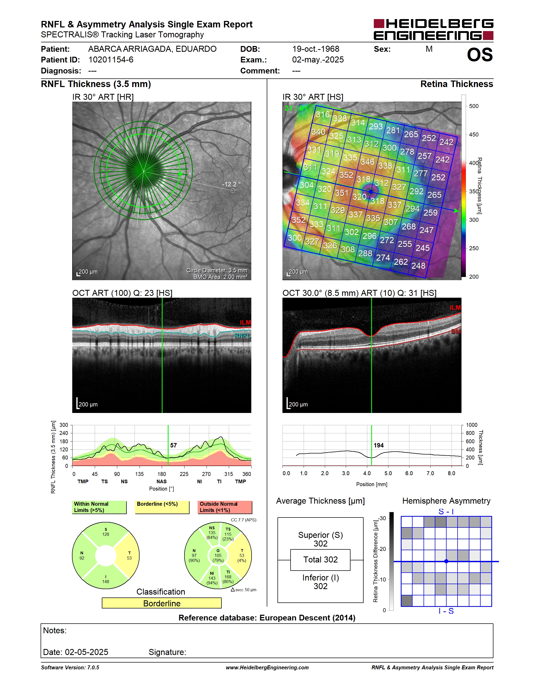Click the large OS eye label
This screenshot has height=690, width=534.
[480, 55]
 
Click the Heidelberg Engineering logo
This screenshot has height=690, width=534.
[433, 29]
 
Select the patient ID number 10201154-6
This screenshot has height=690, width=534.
[111, 60]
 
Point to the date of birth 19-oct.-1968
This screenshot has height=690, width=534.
[315, 49]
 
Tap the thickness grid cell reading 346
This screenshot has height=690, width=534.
[368, 162]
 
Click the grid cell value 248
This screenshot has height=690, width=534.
[418, 266]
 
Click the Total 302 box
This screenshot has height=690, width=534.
[320, 560]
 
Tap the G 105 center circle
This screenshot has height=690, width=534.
[218, 555]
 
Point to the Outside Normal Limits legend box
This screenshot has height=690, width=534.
[225, 507]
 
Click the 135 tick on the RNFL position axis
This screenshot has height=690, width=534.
[139, 474]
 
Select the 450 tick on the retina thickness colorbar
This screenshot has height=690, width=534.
[474, 135]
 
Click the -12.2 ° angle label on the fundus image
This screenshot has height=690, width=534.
[231, 184]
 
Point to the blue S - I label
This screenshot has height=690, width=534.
[446, 511]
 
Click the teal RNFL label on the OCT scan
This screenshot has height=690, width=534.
[243, 336]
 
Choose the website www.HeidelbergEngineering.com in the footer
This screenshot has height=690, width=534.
[267, 667]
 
